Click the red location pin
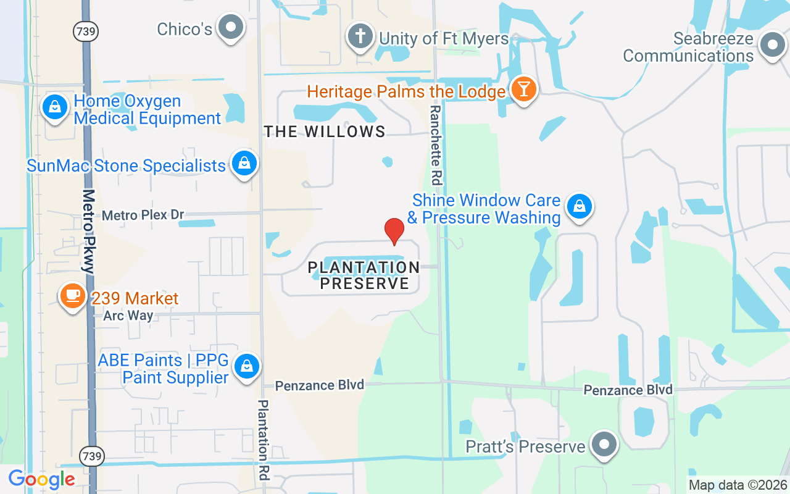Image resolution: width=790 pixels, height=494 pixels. point(394,231)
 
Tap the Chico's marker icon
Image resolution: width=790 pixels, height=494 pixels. point(231,27)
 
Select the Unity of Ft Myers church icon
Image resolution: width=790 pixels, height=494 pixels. point(360,36)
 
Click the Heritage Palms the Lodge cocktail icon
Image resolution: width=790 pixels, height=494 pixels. point(524,90)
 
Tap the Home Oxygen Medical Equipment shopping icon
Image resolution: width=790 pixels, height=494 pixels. point(55,107)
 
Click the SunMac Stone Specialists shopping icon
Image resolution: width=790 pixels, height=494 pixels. point(245,164)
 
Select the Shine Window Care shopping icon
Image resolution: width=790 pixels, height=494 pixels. point(580,207)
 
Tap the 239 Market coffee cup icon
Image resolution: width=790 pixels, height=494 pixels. point(73,296)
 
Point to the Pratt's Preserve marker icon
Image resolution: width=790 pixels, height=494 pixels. point(604,445)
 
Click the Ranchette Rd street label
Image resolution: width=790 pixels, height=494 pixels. point(436,145)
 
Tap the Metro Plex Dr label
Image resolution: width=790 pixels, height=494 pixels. point(143,215)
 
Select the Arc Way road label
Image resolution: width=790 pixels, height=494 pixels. point(128,316)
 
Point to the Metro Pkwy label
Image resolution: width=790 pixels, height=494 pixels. point(89,231)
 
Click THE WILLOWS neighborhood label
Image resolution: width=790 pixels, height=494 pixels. point(325,132)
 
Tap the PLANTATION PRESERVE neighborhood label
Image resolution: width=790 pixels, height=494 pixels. point(364,275)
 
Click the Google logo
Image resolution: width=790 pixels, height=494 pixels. point(41,479)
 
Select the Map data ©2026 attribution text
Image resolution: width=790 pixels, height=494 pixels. point(738,485)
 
